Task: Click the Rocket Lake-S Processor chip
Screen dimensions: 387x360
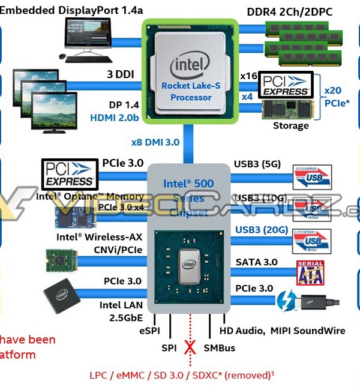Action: point(191,70)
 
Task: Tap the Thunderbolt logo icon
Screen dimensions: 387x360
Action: point(284,300)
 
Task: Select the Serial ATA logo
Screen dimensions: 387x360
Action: point(310,272)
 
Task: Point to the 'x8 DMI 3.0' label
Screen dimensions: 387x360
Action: point(156,143)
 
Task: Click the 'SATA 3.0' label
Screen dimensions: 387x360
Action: point(257,261)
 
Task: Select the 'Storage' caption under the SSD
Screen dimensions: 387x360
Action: point(290,126)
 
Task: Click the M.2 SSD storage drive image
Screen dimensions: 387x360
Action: point(287,110)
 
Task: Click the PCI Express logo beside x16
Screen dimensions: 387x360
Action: point(285,85)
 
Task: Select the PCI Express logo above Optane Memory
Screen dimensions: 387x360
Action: point(70,173)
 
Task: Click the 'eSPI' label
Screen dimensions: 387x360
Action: point(149,331)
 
